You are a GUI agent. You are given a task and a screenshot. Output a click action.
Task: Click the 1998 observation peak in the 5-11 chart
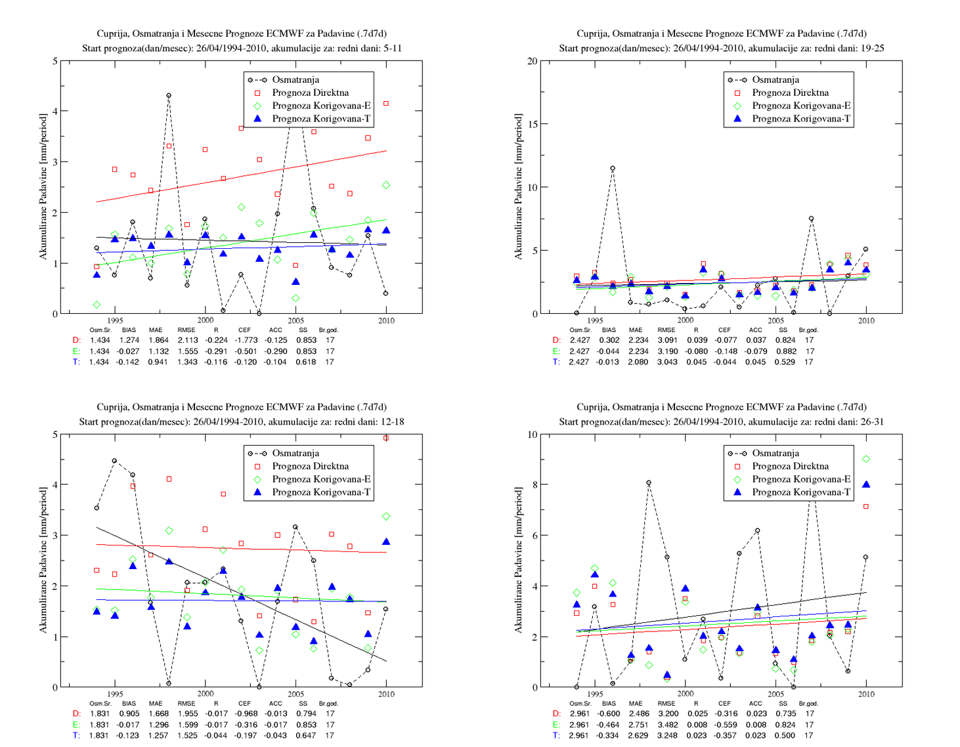[x=169, y=95]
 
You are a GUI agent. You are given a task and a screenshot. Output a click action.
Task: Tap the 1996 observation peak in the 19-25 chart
[x=613, y=168]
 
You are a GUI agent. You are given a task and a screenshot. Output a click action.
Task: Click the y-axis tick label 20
[x=533, y=61]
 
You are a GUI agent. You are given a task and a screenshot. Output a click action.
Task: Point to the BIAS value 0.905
[x=129, y=714]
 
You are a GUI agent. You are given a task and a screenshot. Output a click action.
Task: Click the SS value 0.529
[x=785, y=362]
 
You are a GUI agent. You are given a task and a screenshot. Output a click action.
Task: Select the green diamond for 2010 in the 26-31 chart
[x=866, y=459]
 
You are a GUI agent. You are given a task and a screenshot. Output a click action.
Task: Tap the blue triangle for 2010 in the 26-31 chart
[x=866, y=484]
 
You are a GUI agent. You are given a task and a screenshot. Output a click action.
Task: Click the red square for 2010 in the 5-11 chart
[x=385, y=103]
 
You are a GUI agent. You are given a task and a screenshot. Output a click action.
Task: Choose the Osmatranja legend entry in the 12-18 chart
[x=295, y=453]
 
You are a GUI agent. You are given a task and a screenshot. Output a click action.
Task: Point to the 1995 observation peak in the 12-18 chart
[x=114, y=460]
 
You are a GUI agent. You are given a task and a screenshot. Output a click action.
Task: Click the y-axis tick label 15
[x=533, y=124]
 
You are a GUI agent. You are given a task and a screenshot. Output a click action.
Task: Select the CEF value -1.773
[x=246, y=340]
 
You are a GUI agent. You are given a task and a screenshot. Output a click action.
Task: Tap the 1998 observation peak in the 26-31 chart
[x=649, y=482]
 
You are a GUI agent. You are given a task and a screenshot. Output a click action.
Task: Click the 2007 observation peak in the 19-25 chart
[x=811, y=219]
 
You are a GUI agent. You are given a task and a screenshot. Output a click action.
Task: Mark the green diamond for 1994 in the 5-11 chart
[x=97, y=305]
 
